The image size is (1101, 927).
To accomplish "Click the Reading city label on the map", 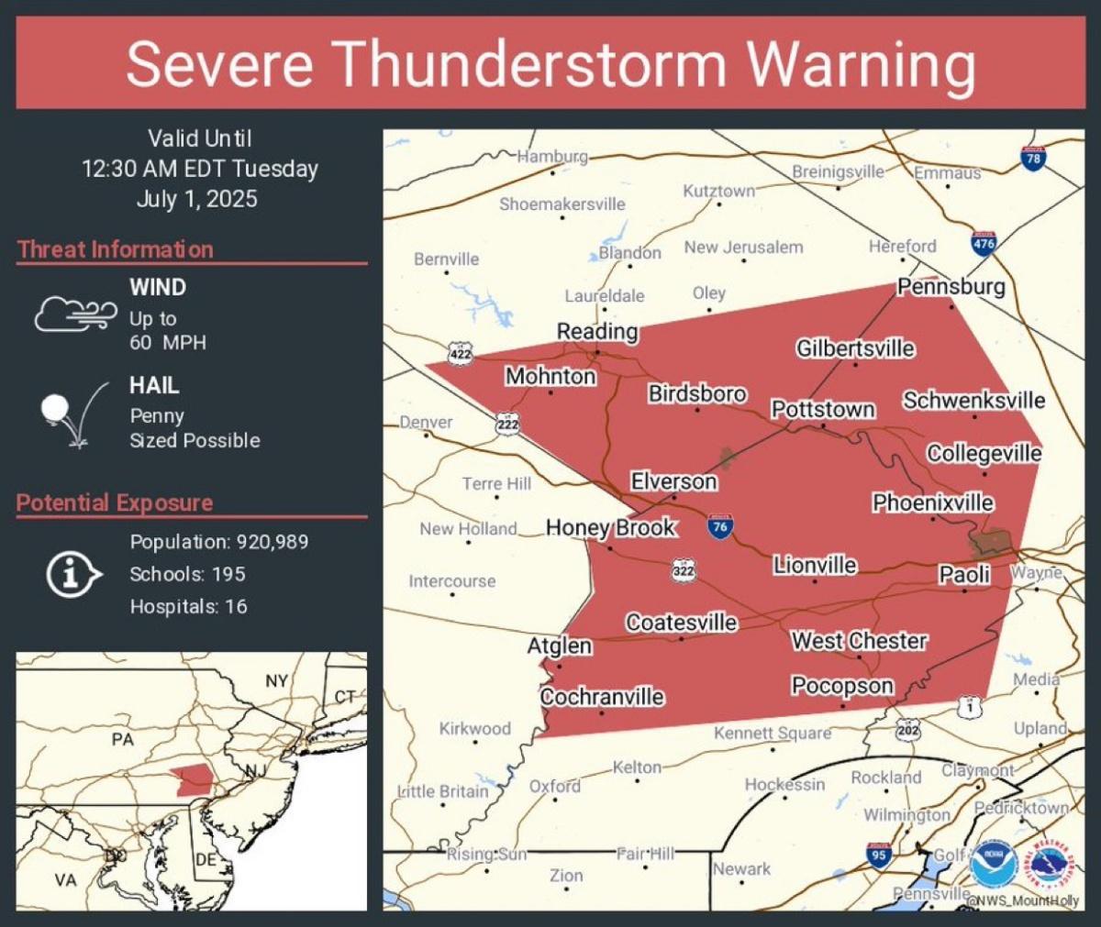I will (x=597, y=332).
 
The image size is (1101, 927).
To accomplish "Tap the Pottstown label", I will (x=823, y=409).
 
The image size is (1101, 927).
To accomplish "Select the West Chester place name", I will (x=859, y=641).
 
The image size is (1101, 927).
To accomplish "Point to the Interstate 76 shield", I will (x=720, y=526).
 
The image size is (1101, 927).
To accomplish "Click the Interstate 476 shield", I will (x=984, y=243).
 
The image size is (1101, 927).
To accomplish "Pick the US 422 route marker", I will (x=461, y=353).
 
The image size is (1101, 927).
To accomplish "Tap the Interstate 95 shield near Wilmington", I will (x=878, y=855).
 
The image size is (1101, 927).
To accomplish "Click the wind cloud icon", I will (x=75, y=314).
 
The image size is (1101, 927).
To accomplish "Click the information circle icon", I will (x=73, y=575).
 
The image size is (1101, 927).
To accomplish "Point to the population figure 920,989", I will (x=272, y=542).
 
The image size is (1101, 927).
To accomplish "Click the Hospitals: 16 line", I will (x=188, y=606).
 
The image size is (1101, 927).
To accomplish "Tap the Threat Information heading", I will (x=116, y=249).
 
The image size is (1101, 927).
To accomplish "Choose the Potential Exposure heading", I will (x=115, y=502).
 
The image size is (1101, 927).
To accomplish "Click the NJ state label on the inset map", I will (x=254, y=771).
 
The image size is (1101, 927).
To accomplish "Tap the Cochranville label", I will (x=602, y=697).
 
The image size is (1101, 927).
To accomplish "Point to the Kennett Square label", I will (x=773, y=734).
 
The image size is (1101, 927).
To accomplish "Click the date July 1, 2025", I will (x=197, y=199).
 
